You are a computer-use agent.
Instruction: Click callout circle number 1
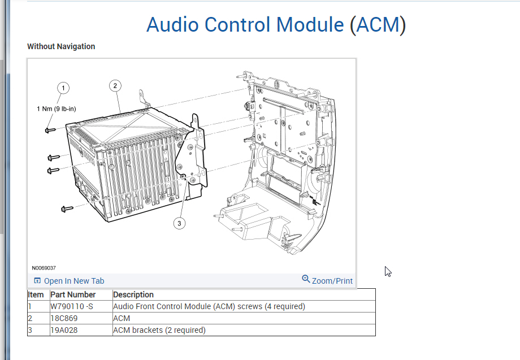pyautogui.click(x=64, y=88)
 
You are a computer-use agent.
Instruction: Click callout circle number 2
pyautogui.click(x=115, y=86)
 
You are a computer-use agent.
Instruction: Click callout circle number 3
pyautogui.click(x=179, y=223)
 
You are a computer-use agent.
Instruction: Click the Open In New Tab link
pyautogui.click(x=74, y=281)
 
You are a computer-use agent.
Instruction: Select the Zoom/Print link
pyautogui.click(x=332, y=281)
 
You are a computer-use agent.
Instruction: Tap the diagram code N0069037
pyautogui.click(x=44, y=268)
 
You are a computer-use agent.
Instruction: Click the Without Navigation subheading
pyautogui.click(x=61, y=46)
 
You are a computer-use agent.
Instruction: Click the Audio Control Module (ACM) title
pyautogui.click(x=276, y=25)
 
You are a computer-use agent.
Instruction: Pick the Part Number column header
pyautogui.click(x=73, y=294)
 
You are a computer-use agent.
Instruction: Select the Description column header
pyautogui.click(x=133, y=294)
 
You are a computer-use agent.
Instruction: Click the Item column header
pyautogui.click(x=36, y=294)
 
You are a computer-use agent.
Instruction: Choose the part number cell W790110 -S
pyautogui.click(x=71, y=306)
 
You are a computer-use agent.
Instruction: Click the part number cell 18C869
pyautogui.click(x=64, y=318)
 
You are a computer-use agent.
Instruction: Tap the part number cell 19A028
pyautogui.click(x=64, y=330)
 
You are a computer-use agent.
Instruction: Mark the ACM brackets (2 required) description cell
pyautogui.click(x=159, y=330)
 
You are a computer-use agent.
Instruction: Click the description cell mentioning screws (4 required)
pyautogui.click(x=209, y=306)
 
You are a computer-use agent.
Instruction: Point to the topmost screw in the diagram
pyautogui.click(x=49, y=131)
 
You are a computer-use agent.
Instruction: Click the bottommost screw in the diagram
pyautogui.click(x=67, y=209)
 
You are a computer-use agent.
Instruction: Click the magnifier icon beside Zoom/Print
pyautogui.click(x=306, y=279)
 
